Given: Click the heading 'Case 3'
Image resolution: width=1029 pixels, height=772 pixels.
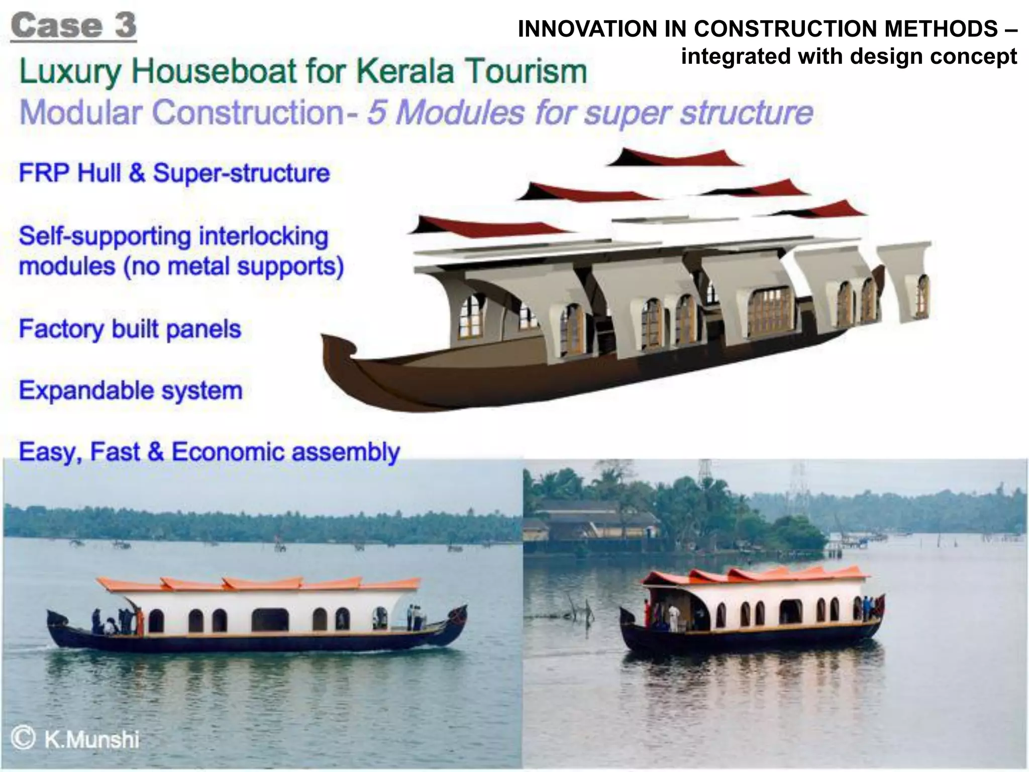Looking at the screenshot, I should click(73, 26).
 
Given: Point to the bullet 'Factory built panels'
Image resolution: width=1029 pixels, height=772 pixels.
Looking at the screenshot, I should click(130, 329).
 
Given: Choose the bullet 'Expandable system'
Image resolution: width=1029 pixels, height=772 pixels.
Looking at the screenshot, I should click(131, 391).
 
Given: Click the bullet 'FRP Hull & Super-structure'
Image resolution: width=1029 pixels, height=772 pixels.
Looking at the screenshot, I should click(174, 173).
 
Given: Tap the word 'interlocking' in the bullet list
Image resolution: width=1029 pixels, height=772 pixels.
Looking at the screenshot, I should click(263, 236).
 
